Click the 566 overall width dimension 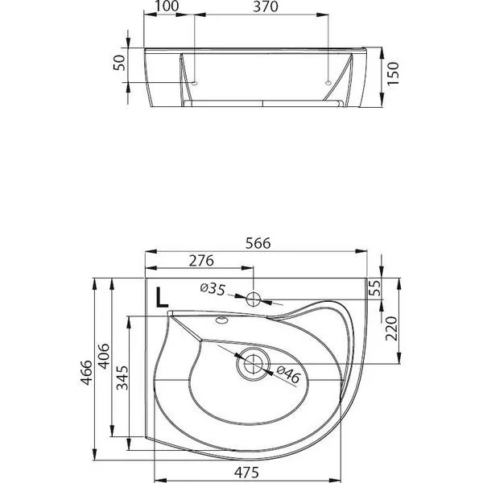258,243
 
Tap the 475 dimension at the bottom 246,473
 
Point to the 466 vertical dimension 86,372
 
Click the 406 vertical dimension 104,356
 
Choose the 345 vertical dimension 122,378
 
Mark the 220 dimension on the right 391,328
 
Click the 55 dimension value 375,287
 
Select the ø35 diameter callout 213,289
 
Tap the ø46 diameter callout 288,374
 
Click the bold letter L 162,297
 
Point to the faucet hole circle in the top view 254,299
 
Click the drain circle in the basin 254,364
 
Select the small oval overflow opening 222,320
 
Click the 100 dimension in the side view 167,6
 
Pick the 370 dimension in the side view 266,6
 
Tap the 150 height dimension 393,73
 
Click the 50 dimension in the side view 119,63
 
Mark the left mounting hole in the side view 195,83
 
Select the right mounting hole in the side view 328,83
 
